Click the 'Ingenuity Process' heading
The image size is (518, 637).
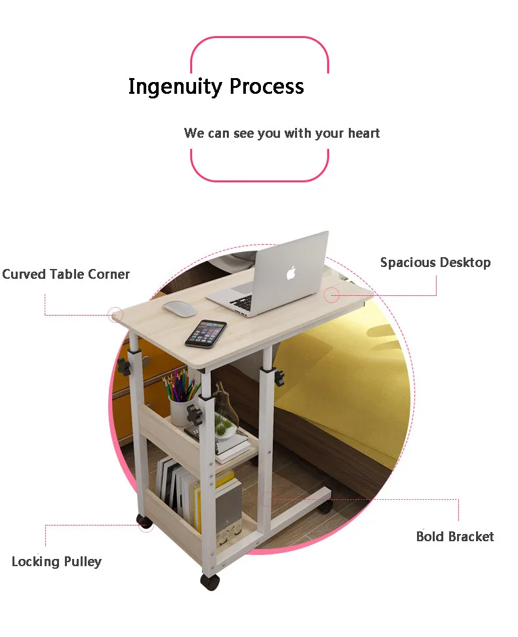[x=216, y=87]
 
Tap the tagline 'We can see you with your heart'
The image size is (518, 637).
[x=282, y=133]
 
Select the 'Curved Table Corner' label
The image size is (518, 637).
[x=66, y=274]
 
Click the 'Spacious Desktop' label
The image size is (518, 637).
[x=435, y=262]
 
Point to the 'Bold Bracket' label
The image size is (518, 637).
[x=455, y=537]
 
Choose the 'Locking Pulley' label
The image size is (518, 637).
[x=56, y=562]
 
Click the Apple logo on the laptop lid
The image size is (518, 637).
[x=291, y=273]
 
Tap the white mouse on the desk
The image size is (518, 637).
[x=179, y=308]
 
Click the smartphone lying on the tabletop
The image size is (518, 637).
[x=205, y=333]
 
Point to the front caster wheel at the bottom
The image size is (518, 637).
[x=210, y=582]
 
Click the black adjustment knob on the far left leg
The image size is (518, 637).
[x=123, y=367]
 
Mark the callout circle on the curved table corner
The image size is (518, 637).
[x=115, y=316]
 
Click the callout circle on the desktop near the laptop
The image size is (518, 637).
[x=332, y=295]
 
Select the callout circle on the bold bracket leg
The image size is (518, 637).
[x=268, y=499]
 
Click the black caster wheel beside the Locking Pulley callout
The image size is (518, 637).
[x=144, y=522]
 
